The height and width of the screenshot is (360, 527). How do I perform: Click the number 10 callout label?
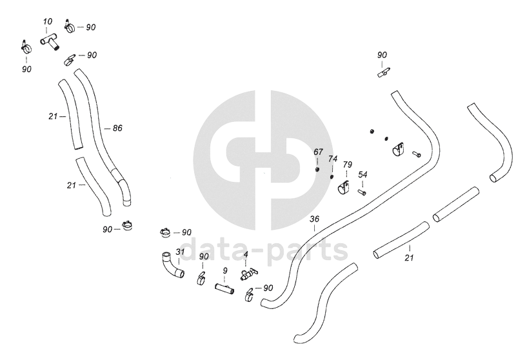[48, 21]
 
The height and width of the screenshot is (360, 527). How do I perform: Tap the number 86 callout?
[117, 128]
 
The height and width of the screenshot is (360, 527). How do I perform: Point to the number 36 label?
[314, 219]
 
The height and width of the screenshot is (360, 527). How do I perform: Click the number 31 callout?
[180, 251]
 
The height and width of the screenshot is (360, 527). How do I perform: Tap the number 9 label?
[224, 270]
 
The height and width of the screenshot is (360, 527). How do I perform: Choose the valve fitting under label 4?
[246, 275]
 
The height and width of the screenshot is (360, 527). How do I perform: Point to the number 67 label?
[318, 152]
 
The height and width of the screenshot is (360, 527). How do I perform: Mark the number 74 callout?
[333, 159]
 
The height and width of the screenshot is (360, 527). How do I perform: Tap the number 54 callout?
[363, 175]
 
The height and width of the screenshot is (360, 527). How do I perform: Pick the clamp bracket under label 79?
[345, 188]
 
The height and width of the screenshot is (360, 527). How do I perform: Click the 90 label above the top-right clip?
[382, 55]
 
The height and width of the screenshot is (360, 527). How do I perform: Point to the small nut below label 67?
[318, 170]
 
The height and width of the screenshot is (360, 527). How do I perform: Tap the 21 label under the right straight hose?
[409, 257]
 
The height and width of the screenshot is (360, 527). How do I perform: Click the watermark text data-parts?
[264, 249]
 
